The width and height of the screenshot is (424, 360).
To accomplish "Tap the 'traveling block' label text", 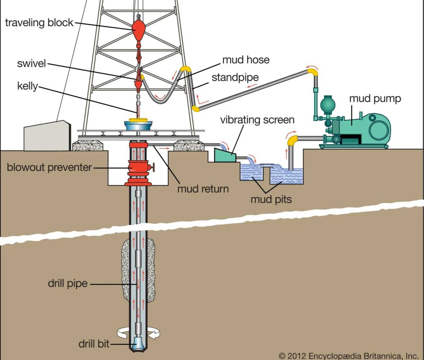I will pyautogui.click(x=39, y=22).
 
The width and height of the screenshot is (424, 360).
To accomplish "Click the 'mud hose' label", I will pyautogui.click(x=246, y=60).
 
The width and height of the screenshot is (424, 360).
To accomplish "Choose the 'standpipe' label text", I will pyautogui.click(x=236, y=77).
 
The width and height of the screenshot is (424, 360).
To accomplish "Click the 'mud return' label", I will pyautogui.click(x=203, y=189).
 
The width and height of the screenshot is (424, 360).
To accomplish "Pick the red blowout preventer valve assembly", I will pyautogui.click(x=138, y=166).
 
